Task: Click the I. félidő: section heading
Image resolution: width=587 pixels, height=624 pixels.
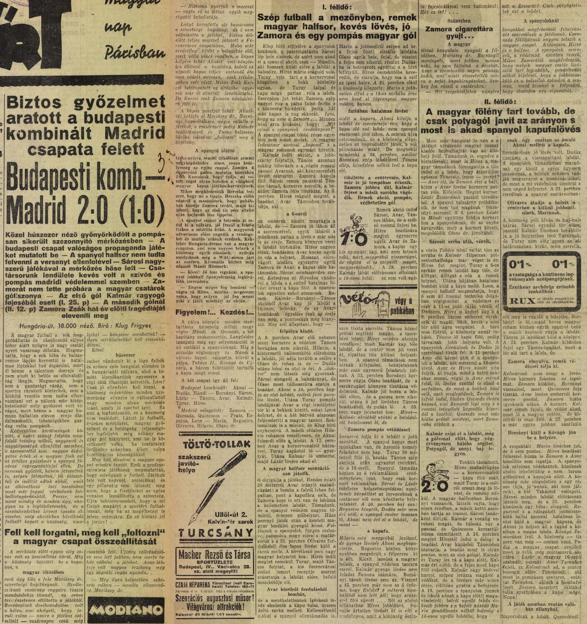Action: pos(337,7)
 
